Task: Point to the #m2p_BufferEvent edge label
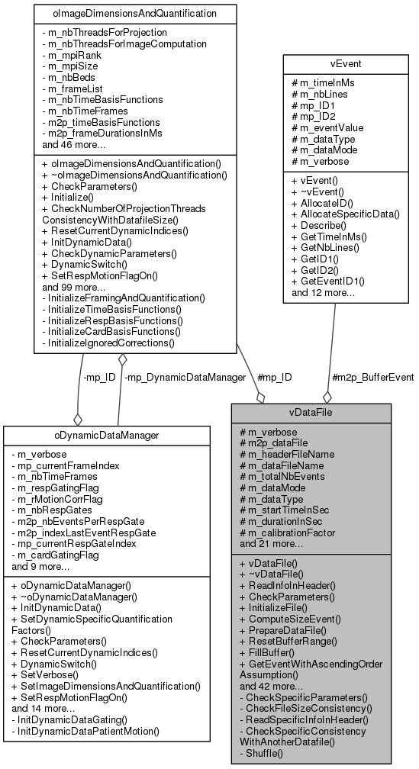pos(373,377)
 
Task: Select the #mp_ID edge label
pos(276,377)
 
